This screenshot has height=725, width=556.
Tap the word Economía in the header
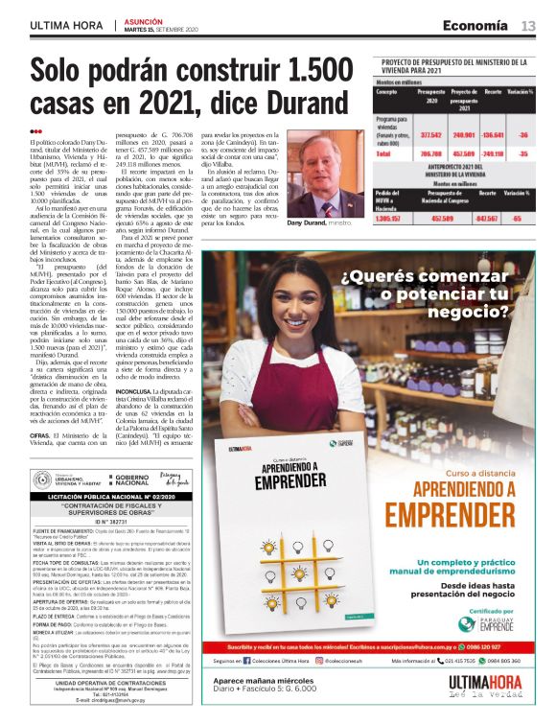[x=475, y=26]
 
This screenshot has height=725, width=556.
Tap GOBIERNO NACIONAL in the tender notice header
[x=131, y=479]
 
